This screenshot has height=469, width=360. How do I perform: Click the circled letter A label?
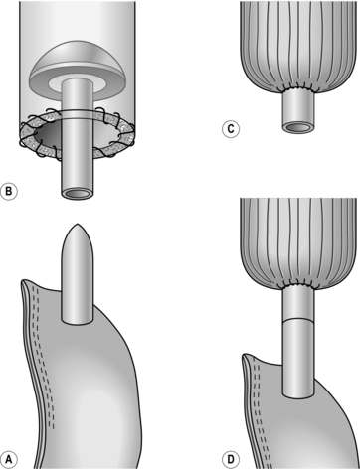coord(9,460)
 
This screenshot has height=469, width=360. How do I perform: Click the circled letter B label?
coord(9,192)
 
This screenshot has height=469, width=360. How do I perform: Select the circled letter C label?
coord(231,129)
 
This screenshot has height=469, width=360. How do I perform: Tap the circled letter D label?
coord(231,460)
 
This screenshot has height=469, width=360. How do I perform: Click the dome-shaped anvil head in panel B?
coord(79,59)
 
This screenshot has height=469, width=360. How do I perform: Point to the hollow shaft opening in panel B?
coord(77,194)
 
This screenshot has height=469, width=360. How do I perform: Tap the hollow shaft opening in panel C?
coord(298,127)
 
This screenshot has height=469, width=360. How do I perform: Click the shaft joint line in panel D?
coord(298,320)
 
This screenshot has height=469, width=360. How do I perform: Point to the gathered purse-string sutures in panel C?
coord(298,88)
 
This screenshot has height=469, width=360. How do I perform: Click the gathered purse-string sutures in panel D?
coord(298,285)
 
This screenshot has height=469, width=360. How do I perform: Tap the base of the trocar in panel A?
coord(78,320)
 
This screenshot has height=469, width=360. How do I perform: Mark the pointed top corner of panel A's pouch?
coord(23,281)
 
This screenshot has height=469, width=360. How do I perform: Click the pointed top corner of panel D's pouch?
coord(245,355)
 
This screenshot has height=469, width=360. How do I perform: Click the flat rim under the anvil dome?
coord(79,85)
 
